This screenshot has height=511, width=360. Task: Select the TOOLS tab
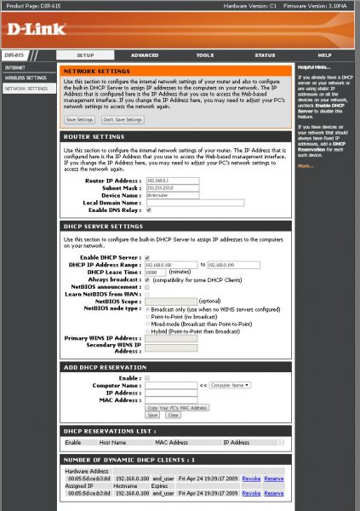pos(204,55)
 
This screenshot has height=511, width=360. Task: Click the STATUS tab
pos(265,55)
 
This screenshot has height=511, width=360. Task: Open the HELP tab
pos(324,55)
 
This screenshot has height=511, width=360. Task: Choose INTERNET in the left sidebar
pos(15,66)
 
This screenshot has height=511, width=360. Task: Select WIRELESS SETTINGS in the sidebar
pos(26,78)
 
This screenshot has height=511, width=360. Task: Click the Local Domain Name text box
pos(195,202)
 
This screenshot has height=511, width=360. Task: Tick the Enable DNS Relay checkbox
pos(149,210)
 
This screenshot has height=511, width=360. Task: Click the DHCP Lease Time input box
pos(157,272)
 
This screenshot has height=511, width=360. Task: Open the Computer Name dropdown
pos(229,385)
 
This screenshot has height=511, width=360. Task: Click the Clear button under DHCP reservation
pos(173,416)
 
